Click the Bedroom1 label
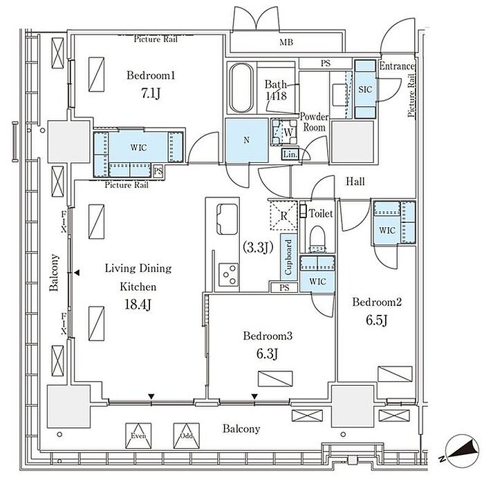click(151, 75)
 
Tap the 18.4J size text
click(138, 304)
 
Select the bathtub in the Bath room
click(242, 88)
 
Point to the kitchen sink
click(227, 219)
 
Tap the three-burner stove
click(229, 275)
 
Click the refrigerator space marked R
click(283, 215)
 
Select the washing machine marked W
click(284, 132)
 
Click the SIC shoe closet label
click(365, 89)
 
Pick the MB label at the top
click(286, 42)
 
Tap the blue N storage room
click(246, 140)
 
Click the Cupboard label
click(288, 257)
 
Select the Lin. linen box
click(290, 154)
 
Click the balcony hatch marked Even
click(138, 436)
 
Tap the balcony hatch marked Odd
click(186, 436)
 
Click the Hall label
click(355, 182)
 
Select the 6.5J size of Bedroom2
click(377, 320)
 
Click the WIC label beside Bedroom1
click(138, 147)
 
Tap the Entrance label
click(397, 66)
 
